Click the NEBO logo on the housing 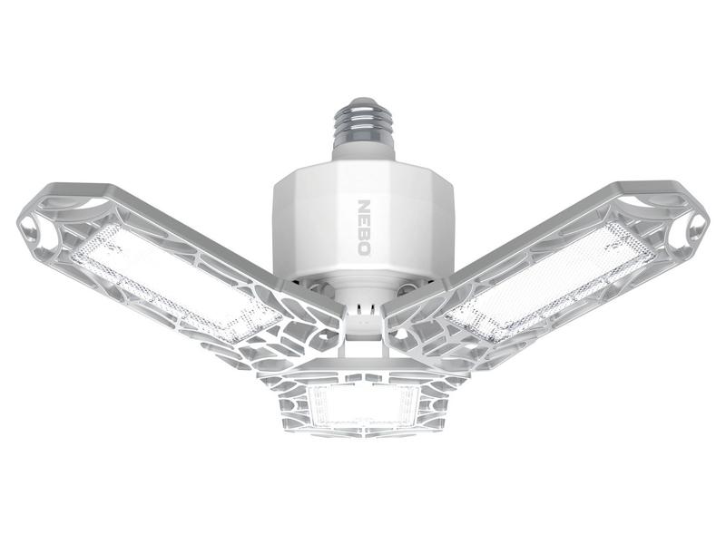[x=364, y=228]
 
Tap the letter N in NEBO [x=364, y=206]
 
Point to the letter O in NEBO [x=364, y=248]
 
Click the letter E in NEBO [x=364, y=220]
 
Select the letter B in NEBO [x=364, y=234]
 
